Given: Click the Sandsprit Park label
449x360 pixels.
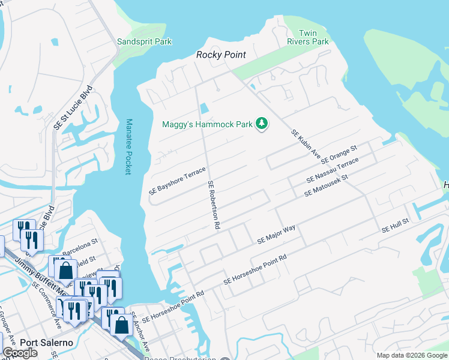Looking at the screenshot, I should (x=144, y=41).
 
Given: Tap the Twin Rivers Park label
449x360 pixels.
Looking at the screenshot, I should (x=315, y=37).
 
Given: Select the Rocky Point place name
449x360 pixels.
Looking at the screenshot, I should (x=221, y=55).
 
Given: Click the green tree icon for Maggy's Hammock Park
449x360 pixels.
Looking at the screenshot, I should (x=261, y=124).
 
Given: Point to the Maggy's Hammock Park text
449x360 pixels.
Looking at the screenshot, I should (x=207, y=124).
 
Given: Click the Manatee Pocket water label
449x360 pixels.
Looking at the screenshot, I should (x=128, y=147).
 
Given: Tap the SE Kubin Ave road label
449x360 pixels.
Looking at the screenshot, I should (x=306, y=145).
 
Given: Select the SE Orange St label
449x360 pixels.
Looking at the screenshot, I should (x=339, y=154).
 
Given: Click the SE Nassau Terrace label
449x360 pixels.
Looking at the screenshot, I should (x=332, y=171).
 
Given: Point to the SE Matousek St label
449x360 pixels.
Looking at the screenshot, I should (x=326, y=185).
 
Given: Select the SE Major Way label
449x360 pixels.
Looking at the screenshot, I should (x=277, y=234).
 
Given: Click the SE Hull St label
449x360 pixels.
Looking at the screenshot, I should (x=395, y=226).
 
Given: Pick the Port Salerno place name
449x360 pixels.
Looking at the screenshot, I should (x=46, y=343).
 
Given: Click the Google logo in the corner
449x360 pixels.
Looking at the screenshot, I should (x=20, y=353).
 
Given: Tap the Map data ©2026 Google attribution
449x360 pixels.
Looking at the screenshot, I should (x=411, y=355).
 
